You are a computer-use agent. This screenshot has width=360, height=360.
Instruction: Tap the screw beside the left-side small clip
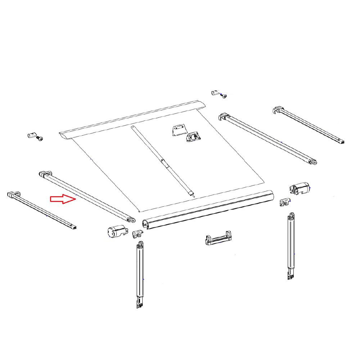tap(40, 139)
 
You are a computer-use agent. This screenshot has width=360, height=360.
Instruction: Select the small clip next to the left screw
tap(31, 136)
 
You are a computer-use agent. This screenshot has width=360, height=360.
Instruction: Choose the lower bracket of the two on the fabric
tap(194, 137)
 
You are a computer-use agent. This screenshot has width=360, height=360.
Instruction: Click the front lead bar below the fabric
tap(209, 209)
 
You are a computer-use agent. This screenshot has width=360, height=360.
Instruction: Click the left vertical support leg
tap(140, 275)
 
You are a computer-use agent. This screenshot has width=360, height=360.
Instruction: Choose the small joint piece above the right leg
tap(285, 202)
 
